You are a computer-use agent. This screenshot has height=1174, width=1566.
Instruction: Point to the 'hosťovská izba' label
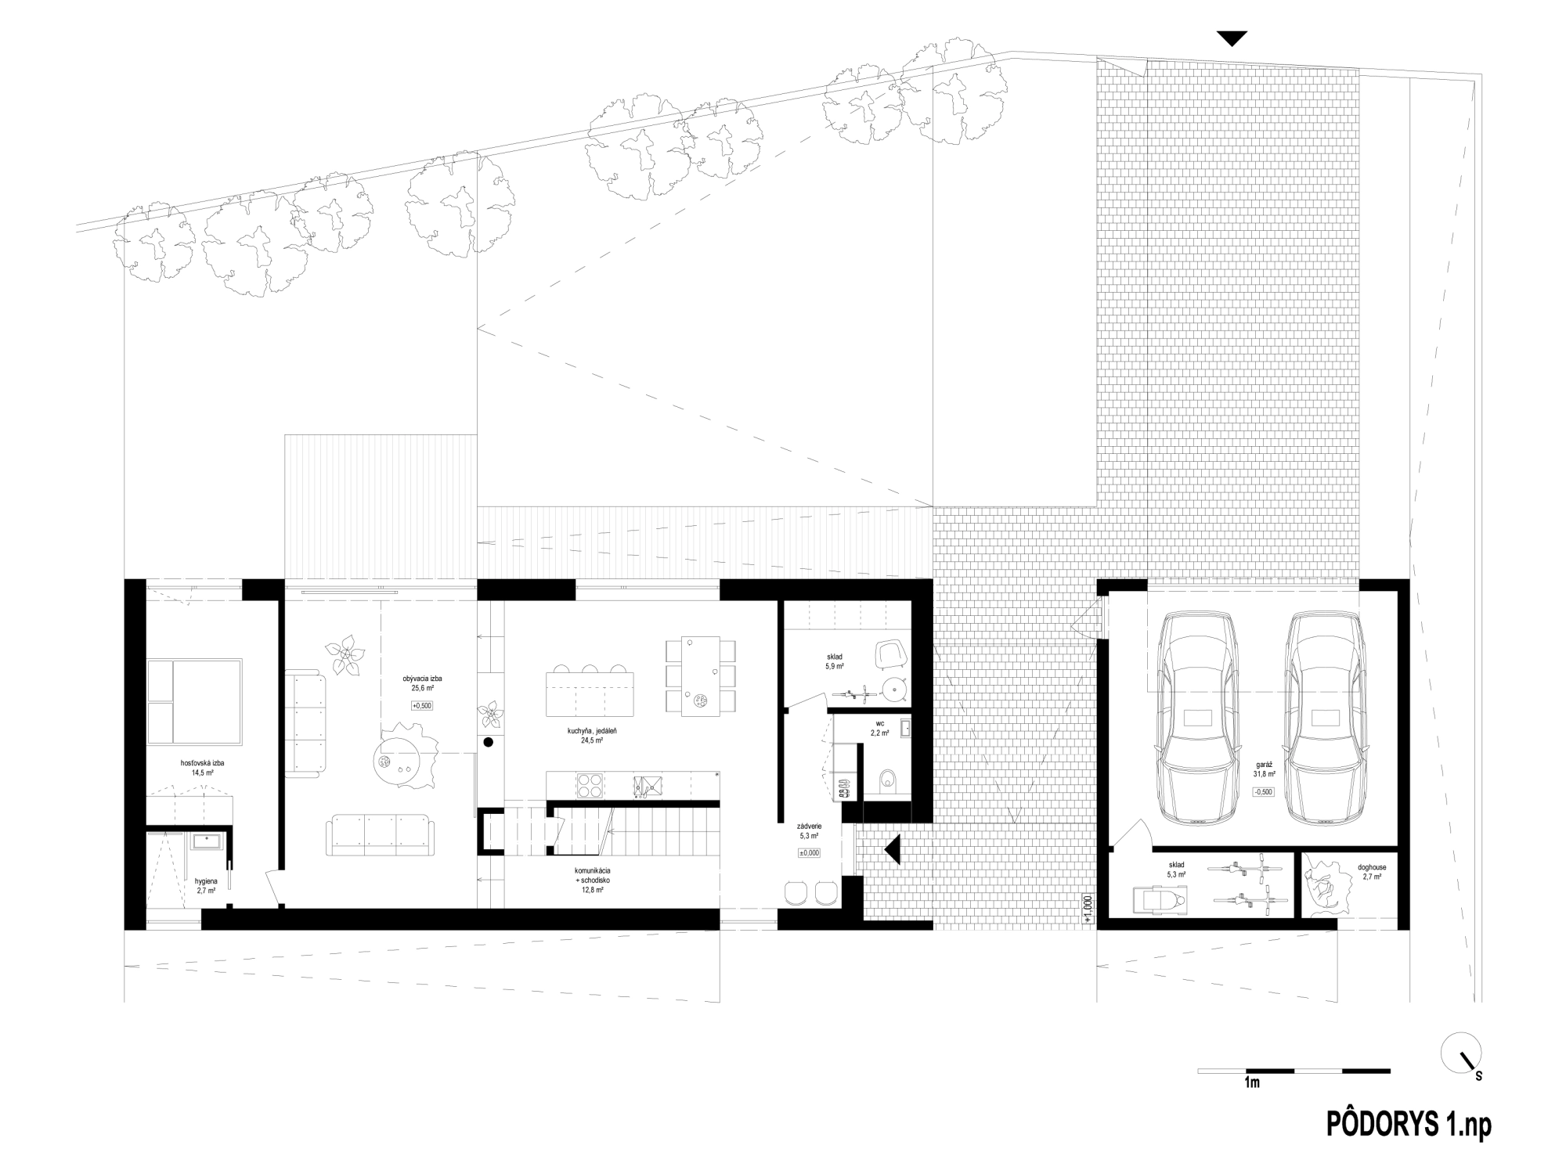click(203, 762)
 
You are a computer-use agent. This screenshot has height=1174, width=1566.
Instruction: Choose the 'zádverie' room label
click(809, 826)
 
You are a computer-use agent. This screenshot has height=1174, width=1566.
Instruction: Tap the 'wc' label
click(880, 724)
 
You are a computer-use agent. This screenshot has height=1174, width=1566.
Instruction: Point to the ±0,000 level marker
click(809, 853)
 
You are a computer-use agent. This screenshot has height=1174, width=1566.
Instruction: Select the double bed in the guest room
click(194, 701)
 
